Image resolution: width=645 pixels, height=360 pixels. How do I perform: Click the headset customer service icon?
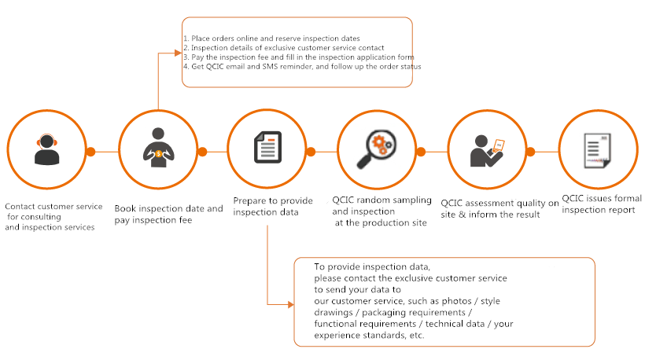[47, 149]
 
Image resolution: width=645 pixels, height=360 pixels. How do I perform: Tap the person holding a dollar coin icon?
[158, 148]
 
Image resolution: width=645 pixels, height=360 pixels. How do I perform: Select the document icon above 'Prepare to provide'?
[267, 147]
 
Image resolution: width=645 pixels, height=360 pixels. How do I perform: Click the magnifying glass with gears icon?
[377, 149]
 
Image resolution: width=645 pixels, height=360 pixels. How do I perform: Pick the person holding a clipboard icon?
[487, 151]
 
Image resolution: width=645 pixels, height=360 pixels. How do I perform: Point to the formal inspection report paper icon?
[598, 150]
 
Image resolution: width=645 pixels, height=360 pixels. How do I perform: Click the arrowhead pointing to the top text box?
[178, 53]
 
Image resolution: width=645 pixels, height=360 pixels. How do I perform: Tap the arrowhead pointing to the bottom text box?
[291, 304]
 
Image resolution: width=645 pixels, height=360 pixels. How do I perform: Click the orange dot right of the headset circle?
[90, 152]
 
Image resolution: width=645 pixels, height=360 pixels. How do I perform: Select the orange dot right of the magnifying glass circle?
[421, 152]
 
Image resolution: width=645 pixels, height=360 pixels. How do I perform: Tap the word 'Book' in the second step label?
[125, 208]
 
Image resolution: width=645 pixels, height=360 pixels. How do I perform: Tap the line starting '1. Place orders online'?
[271, 39]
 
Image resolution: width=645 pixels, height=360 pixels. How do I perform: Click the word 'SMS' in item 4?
[271, 67]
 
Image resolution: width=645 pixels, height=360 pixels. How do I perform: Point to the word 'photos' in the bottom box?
[456, 301]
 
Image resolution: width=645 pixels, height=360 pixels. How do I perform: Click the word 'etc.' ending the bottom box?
[417, 336]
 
